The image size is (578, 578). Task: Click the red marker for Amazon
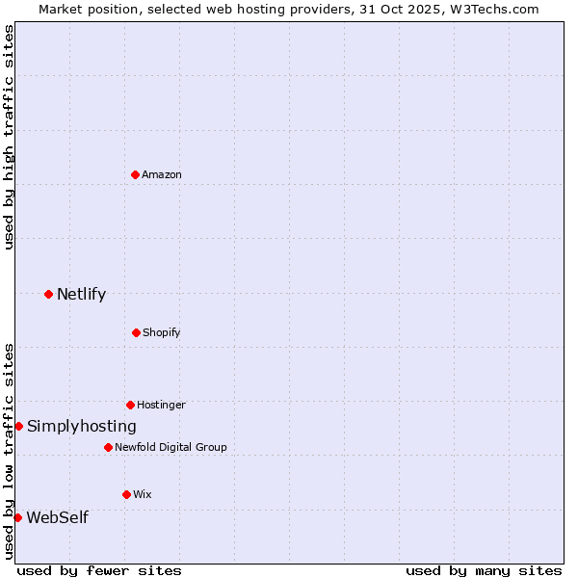pos(136,174)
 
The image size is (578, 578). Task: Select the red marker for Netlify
pos(48,294)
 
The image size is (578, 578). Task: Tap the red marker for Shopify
pos(136,332)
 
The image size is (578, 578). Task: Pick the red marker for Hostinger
pos(130,405)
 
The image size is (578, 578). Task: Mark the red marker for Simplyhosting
pos(18,426)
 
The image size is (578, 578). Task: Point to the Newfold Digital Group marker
pos(108,447)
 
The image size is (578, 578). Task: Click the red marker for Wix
pos(126,494)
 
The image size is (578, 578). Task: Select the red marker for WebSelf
pos(17,517)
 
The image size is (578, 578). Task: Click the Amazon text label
pos(162,174)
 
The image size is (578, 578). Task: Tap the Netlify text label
pos(81,294)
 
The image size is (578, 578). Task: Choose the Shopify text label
pos(161,332)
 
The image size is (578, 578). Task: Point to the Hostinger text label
pos(161,405)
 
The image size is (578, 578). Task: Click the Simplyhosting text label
pos(81,426)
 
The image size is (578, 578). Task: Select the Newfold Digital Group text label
pos(171,447)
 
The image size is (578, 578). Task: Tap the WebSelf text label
pos(57,517)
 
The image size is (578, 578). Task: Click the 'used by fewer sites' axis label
pos(99,570)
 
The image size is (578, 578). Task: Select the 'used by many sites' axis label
pos(484,570)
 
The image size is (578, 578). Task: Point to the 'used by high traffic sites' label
pos(9,137)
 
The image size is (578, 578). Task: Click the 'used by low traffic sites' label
pos(9,450)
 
